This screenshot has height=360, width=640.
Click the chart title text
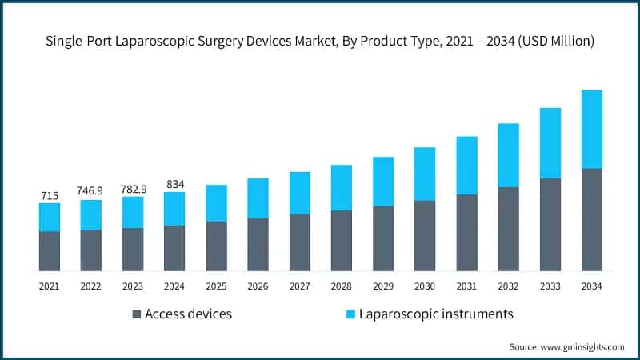click(320, 42)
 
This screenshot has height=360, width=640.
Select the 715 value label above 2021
click(50, 195)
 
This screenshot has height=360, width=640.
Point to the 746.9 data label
click(90, 191)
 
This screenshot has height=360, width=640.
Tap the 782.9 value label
click(133, 188)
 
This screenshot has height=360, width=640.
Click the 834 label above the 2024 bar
click(174, 183)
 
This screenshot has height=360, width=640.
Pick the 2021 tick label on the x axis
click(50, 286)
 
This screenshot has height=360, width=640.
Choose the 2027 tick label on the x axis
click(300, 286)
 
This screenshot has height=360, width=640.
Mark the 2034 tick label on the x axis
click(592, 286)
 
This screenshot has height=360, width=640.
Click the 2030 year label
click(425, 286)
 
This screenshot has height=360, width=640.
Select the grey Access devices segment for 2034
click(592, 220)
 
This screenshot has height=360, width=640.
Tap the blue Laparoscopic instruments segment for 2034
click(592, 129)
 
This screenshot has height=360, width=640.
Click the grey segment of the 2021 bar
click(50, 251)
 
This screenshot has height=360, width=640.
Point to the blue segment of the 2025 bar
click(216, 203)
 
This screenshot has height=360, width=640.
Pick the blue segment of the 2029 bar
click(383, 182)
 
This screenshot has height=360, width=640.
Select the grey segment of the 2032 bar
click(508, 229)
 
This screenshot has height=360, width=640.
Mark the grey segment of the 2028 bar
click(342, 241)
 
